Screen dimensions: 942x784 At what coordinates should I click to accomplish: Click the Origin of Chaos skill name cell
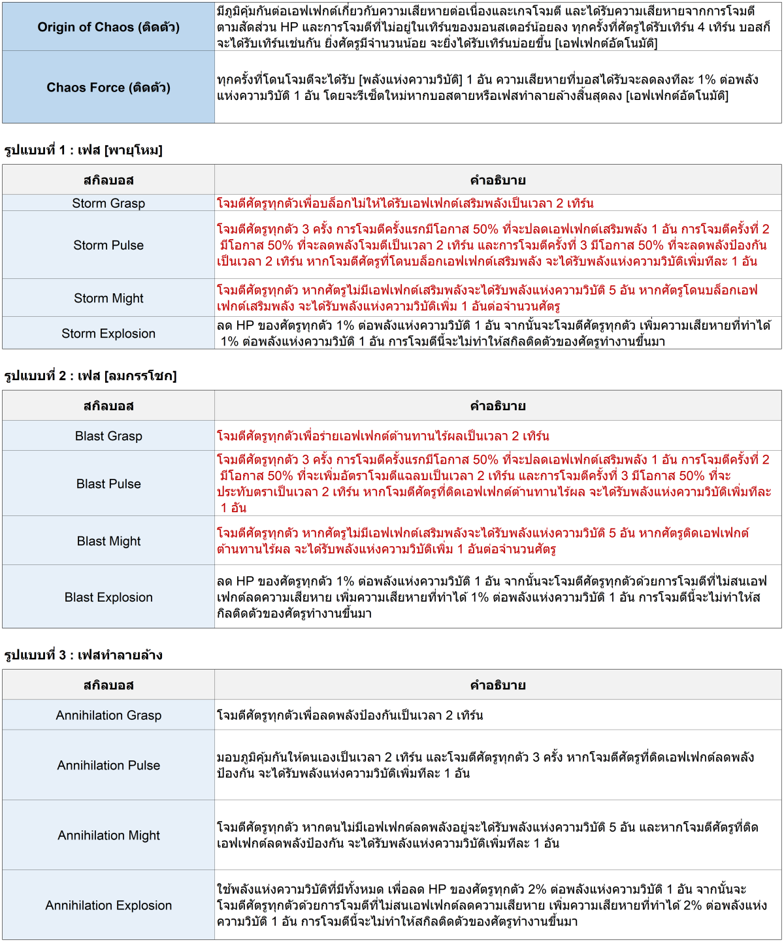(108, 27)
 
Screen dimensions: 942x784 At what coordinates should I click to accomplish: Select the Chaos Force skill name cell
(108, 88)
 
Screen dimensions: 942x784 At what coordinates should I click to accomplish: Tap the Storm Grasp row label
(108, 203)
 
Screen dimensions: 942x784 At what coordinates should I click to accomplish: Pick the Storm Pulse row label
(108, 245)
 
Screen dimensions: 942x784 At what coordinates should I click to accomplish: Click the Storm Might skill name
(108, 298)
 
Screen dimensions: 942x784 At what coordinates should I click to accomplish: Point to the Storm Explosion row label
(108, 333)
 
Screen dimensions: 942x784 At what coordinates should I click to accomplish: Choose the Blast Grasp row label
(108, 436)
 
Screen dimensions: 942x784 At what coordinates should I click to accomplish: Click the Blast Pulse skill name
(108, 483)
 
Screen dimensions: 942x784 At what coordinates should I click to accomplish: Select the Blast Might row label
(108, 541)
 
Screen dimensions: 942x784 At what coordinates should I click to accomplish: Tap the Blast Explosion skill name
(108, 597)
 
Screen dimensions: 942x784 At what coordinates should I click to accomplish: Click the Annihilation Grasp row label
(108, 715)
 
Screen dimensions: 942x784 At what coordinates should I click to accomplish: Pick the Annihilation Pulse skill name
(108, 765)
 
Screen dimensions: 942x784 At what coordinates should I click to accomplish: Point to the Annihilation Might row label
(108, 835)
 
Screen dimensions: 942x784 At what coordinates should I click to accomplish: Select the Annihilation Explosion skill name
(108, 905)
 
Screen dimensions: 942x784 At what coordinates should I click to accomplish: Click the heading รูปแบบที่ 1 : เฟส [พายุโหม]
(84, 150)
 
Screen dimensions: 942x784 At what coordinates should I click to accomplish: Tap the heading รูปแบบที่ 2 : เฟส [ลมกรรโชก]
(90, 376)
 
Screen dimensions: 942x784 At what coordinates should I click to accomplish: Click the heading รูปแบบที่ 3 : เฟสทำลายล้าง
(83, 655)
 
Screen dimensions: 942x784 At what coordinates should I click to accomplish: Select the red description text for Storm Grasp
(405, 203)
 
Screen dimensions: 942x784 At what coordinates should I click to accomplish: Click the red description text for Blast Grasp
(383, 436)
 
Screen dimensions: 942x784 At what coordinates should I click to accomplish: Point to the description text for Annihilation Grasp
(350, 715)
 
